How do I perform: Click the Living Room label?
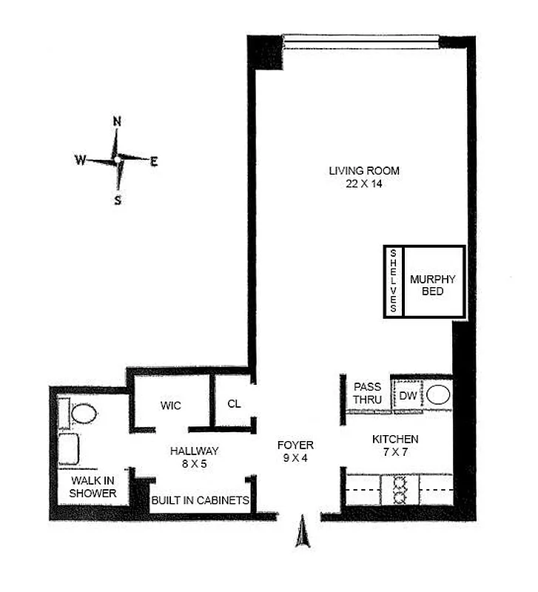tap(359, 172)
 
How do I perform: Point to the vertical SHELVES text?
tap(394, 282)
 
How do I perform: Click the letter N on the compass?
tap(116, 121)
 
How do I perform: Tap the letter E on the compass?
tap(154, 162)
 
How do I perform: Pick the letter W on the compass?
tap(79, 160)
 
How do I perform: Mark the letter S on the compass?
tap(117, 199)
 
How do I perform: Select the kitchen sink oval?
tap(438, 394)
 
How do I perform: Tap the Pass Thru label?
tap(368, 393)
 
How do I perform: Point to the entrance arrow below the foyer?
tap(302, 533)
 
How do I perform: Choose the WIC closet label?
tap(171, 406)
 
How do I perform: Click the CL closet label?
tap(234, 404)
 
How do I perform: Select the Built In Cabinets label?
tap(200, 501)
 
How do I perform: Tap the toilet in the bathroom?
tap(83, 414)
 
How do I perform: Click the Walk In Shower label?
tap(93, 486)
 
